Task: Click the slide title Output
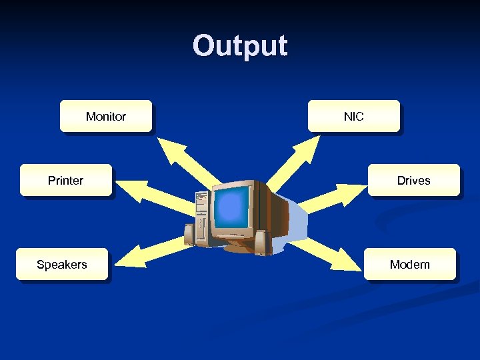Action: [x=240, y=46]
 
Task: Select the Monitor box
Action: [x=106, y=117]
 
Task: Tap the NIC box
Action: [x=354, y=117]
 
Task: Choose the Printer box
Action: [x=66, y=180]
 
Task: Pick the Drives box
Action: [x=414, y=180]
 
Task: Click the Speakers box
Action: [x=62, y=265]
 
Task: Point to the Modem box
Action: [x=410, y=265]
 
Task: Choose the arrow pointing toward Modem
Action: [x=323, y=250]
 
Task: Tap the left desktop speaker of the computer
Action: [x=189, y=233]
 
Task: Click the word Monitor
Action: [x=106, y=117]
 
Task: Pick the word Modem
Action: [x=410, y=265]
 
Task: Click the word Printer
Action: [x=66, y=180]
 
